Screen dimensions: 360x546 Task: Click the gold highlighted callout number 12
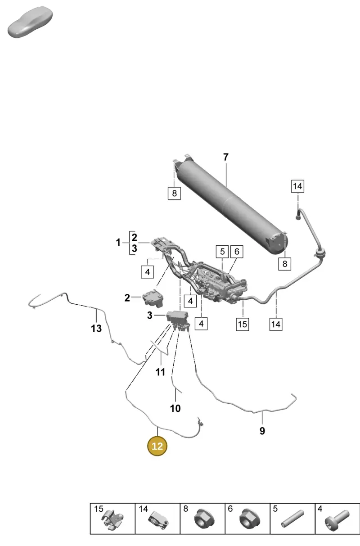(x=157, y=446)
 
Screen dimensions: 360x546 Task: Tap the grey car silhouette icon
(x=30, y=22)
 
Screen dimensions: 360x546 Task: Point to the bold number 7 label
(x=226, y=157)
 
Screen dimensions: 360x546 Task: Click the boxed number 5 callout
(x=222, y=252)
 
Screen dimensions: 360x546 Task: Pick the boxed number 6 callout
(x=237, y=252)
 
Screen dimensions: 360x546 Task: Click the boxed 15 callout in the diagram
(x=243, y=324)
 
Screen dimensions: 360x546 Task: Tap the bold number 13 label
(x=96, y=329)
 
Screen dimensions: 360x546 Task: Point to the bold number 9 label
(x=262, y=431)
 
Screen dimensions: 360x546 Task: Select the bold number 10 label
(x=175, y=409)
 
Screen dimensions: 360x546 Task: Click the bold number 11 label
(x=160, y=372)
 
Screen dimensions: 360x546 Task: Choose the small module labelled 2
(x=153, y=298)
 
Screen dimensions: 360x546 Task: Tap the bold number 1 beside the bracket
(x=118, y=243)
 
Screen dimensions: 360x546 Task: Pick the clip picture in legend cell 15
(x=112, y=519)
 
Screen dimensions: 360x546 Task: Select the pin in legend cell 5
(x=292, y=519)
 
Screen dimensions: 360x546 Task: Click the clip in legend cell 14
(x=158, y=519)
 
